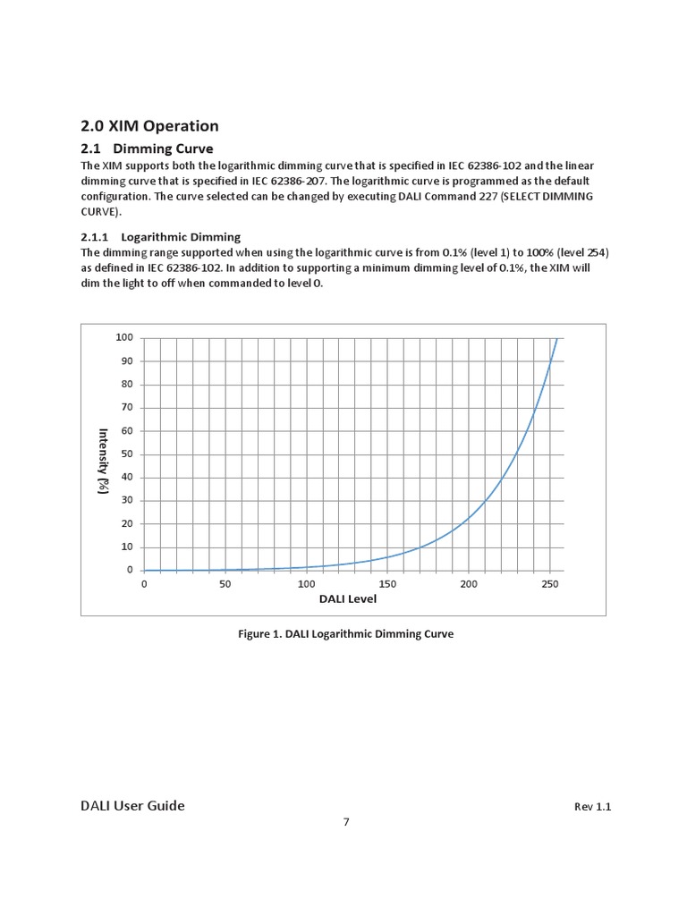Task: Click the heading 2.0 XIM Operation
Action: point(149,126)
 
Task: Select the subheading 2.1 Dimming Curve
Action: point(147,148)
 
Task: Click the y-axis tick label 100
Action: point(124,337)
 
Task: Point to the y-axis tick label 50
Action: point(127,454)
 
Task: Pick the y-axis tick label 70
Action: point(127,407)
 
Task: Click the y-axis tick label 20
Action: point(127,523)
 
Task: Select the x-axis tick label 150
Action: point(388,584)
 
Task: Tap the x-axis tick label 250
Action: point(550,584)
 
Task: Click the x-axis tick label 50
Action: point(225,584)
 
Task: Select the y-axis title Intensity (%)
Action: point(104,461)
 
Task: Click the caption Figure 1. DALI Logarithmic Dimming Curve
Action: point(345,633)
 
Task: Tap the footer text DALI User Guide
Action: point(132,806)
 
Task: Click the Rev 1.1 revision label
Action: point(592,807)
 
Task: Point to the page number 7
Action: point(346,823)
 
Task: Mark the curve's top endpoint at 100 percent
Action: point(557,338)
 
